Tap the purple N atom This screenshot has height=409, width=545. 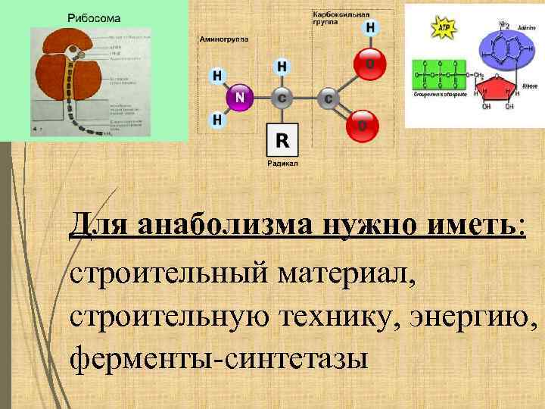coord(240,98)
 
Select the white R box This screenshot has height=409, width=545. coord(282,140)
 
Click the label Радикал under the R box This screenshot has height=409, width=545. coord(282,164)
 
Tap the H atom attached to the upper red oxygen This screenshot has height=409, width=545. coord(371,28)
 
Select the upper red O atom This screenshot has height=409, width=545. coord(370,64)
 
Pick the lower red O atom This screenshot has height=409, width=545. coord(363,125)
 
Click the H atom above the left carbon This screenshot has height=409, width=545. coord(282,66)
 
